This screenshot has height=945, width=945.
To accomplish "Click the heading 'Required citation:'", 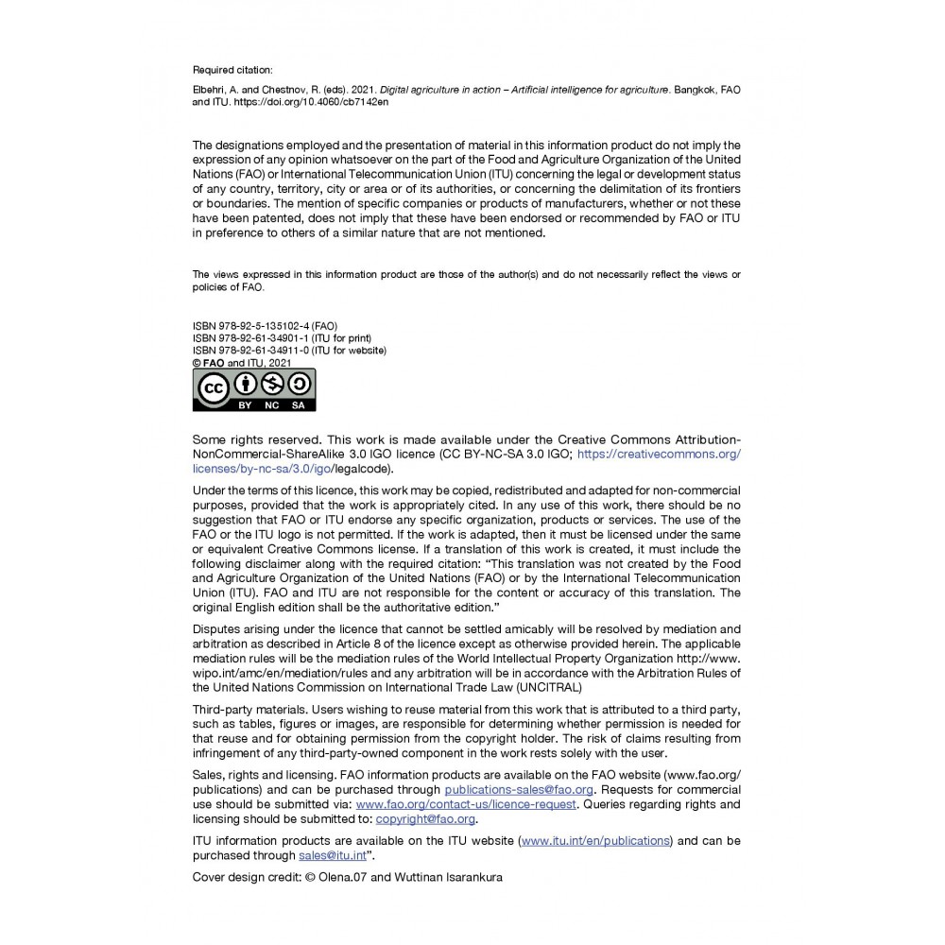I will [232, 69].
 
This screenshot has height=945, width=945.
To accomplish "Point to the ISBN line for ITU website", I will [289, 351].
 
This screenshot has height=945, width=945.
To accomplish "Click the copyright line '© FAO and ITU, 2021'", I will [242, 362].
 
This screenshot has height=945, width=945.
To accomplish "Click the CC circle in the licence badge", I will [213, 388].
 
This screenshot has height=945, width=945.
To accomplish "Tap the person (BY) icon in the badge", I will [245, 384].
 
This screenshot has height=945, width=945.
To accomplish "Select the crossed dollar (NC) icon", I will [272, 384].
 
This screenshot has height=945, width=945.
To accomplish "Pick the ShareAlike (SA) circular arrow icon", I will [299, 384].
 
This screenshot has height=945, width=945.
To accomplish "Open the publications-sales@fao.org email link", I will [519, 789].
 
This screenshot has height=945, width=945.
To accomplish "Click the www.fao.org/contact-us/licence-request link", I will [466, 804].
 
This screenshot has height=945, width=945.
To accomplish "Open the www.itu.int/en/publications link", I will [595, 840].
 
